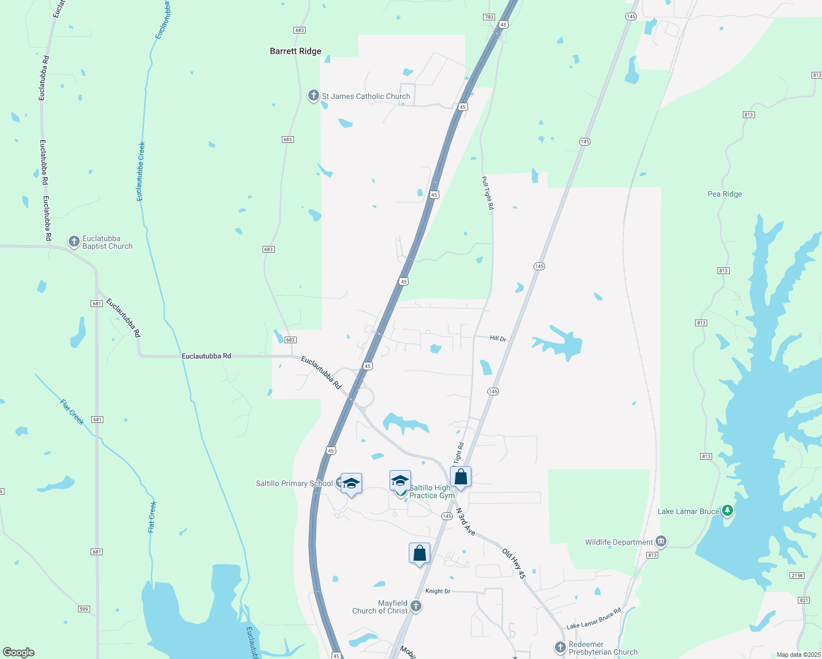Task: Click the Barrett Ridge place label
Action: click(295, 51)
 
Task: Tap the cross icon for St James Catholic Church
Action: click(313, 96)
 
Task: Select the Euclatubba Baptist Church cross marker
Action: click(74, 242)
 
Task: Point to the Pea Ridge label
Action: click(724, 194)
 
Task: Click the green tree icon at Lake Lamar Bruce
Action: click(727, 511)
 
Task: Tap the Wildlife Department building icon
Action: click(661, 541)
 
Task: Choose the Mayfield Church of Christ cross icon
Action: click(416, 606)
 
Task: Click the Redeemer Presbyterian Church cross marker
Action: click(560, 647)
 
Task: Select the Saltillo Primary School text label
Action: click(294, 483)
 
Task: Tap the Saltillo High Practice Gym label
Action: click(432, 492)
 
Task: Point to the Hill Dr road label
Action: click(498, 338)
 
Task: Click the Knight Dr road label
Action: click(438, 591)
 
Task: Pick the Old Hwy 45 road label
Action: click(514, 563)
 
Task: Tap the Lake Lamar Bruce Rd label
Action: click(593, 618)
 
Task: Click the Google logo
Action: click(19, 652)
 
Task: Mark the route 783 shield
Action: click(489, 17)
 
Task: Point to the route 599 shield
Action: click(84, 608)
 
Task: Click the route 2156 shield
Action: click(797, 575)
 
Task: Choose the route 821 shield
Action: click(804, 600)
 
